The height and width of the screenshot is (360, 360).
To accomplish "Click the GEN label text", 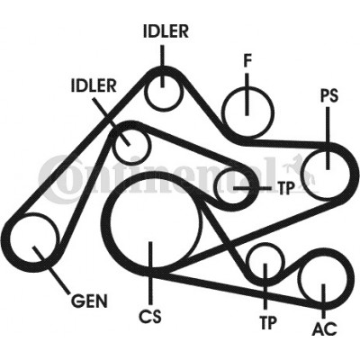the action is [89, 301].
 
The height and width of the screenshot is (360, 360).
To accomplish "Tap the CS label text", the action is [150, 316].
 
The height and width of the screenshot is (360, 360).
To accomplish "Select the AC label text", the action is [325, 328].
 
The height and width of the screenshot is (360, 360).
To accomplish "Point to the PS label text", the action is [329, 95].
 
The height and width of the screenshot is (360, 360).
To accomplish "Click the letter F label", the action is [247, 60].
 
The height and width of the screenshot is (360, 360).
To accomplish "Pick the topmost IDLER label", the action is [166, 31].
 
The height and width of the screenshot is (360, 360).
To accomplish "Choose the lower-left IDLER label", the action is [94, 85].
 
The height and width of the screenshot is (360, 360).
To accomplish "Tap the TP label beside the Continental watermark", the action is [285, 188].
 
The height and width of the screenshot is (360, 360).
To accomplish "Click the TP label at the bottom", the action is [267, 323].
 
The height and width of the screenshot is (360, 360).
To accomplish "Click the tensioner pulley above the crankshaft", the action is [218, 188].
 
